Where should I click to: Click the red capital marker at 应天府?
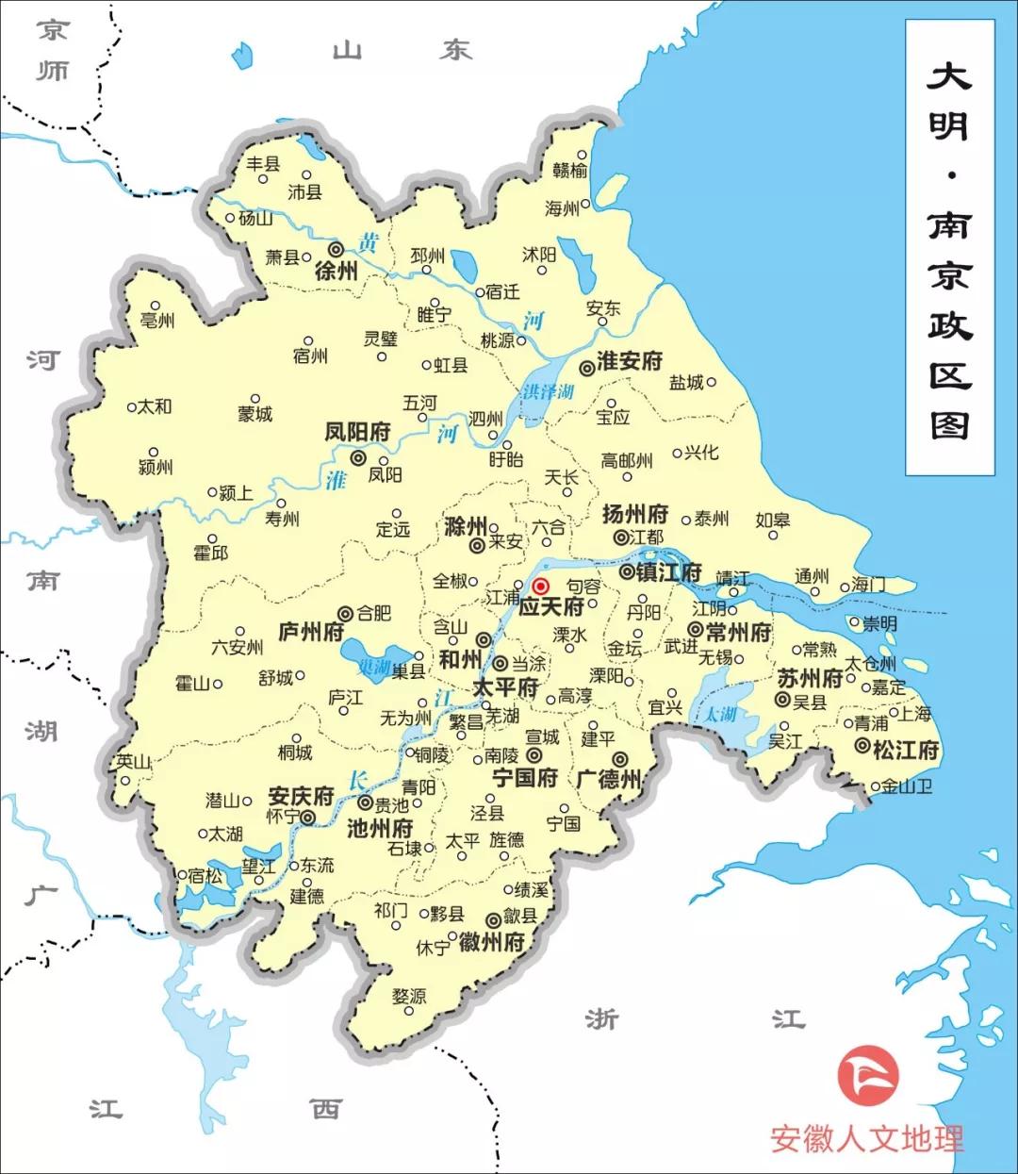[541, 586]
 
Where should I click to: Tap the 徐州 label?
[337, 271]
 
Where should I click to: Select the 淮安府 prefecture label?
[629, 361]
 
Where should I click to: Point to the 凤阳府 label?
[357, 432]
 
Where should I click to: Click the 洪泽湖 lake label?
[548, 390]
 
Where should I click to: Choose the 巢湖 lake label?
[374, 666]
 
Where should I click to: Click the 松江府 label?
[906, 751]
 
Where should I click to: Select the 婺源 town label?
[409, 996]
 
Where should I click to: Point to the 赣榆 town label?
[570, 170]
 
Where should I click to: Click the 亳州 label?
[157, 320]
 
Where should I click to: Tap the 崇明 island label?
[879, 623]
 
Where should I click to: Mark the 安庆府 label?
[301, 796]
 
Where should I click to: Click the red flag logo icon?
[868, 1075]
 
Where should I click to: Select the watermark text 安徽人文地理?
[867, 1137]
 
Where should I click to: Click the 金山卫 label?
[907, 785]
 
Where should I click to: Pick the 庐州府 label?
[312, 632]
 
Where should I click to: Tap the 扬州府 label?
[635, 515]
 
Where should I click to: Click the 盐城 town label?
[686, 382]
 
